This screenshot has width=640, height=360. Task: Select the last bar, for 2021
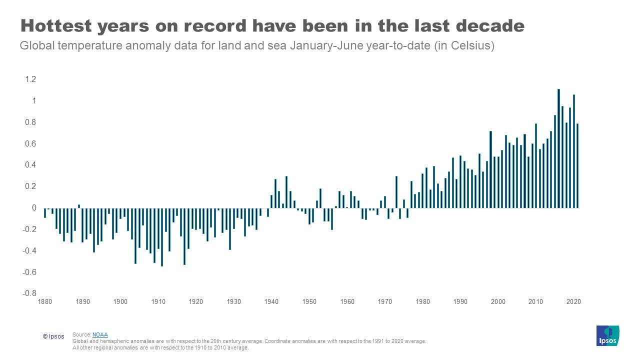coord(577,165)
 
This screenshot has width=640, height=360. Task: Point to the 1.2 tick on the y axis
coord(30,79)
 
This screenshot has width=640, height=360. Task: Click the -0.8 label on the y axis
coord(29,293)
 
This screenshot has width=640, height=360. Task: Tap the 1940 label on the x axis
coord(271,302)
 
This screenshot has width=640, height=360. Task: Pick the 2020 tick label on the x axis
coord(573,302)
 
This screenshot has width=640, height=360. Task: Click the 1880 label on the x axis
coord(44,302)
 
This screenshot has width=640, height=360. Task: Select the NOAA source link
coord(100,334)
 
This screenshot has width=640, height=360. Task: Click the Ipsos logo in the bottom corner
coord(607,335)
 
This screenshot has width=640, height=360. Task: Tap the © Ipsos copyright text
coord(53,336)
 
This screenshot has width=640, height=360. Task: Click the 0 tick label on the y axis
coord(34,208)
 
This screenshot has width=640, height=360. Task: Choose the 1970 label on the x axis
coord(384,302)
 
